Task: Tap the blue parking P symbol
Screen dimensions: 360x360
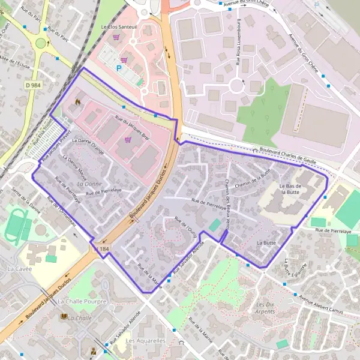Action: (119, 68)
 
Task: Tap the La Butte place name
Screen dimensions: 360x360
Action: (265, 242)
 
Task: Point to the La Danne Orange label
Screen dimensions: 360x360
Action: (88, 146)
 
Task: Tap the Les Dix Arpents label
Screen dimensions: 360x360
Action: (265, 307)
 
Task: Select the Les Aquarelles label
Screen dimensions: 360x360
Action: (146, 340)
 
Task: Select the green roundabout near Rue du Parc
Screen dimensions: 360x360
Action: (41, 43)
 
